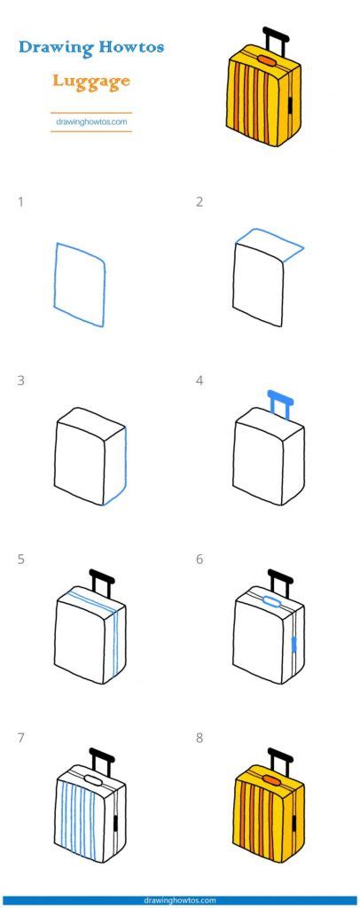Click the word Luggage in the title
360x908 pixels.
click(x=90, y=82)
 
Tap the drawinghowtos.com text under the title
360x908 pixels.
click(x=90, y=121)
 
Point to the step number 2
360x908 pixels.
click(x=200, y=202)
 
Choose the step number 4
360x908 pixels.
click(x=200, y=381)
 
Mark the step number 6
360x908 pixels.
click(x=200, y=560)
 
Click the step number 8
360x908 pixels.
click(x=200, y=738)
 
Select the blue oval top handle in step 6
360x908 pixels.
click(x=273, y=602)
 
